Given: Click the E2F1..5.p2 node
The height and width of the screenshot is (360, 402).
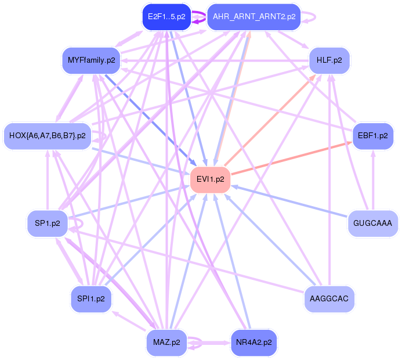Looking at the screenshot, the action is [x=166, y=17].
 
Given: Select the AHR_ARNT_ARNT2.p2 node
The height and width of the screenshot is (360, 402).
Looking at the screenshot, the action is [x=254, y=17].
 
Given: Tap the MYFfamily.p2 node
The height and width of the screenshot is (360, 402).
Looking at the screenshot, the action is [x=91, y=60].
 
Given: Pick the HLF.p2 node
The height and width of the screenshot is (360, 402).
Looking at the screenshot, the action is [x=329, y=60].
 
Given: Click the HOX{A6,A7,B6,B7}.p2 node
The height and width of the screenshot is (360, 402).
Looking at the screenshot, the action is [x=48, y=136].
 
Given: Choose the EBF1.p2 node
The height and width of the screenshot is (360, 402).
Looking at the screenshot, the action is [x=373, y=136].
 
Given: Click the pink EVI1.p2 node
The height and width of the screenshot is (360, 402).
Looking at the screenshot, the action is [x=210, y=179].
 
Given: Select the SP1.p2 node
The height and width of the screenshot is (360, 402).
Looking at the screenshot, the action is [x=48, y=223].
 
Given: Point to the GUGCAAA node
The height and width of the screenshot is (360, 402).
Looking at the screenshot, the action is [x=373, y=223].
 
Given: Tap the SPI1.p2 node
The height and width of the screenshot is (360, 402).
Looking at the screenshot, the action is [x=91, y=299].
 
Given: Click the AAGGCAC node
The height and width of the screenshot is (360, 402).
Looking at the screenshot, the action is [x=329, y=299].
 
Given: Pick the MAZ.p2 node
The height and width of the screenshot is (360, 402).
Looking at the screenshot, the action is [x=166, y=343].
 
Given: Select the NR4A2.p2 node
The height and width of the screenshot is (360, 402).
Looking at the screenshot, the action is [x=254, y=343].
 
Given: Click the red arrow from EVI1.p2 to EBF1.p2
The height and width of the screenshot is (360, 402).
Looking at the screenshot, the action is [x=292, y=159].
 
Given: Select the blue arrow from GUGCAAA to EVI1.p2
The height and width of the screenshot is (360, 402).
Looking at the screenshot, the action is [x=289, y=201].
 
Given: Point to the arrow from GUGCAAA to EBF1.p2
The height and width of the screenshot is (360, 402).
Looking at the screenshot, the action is [x=373, y=180].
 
